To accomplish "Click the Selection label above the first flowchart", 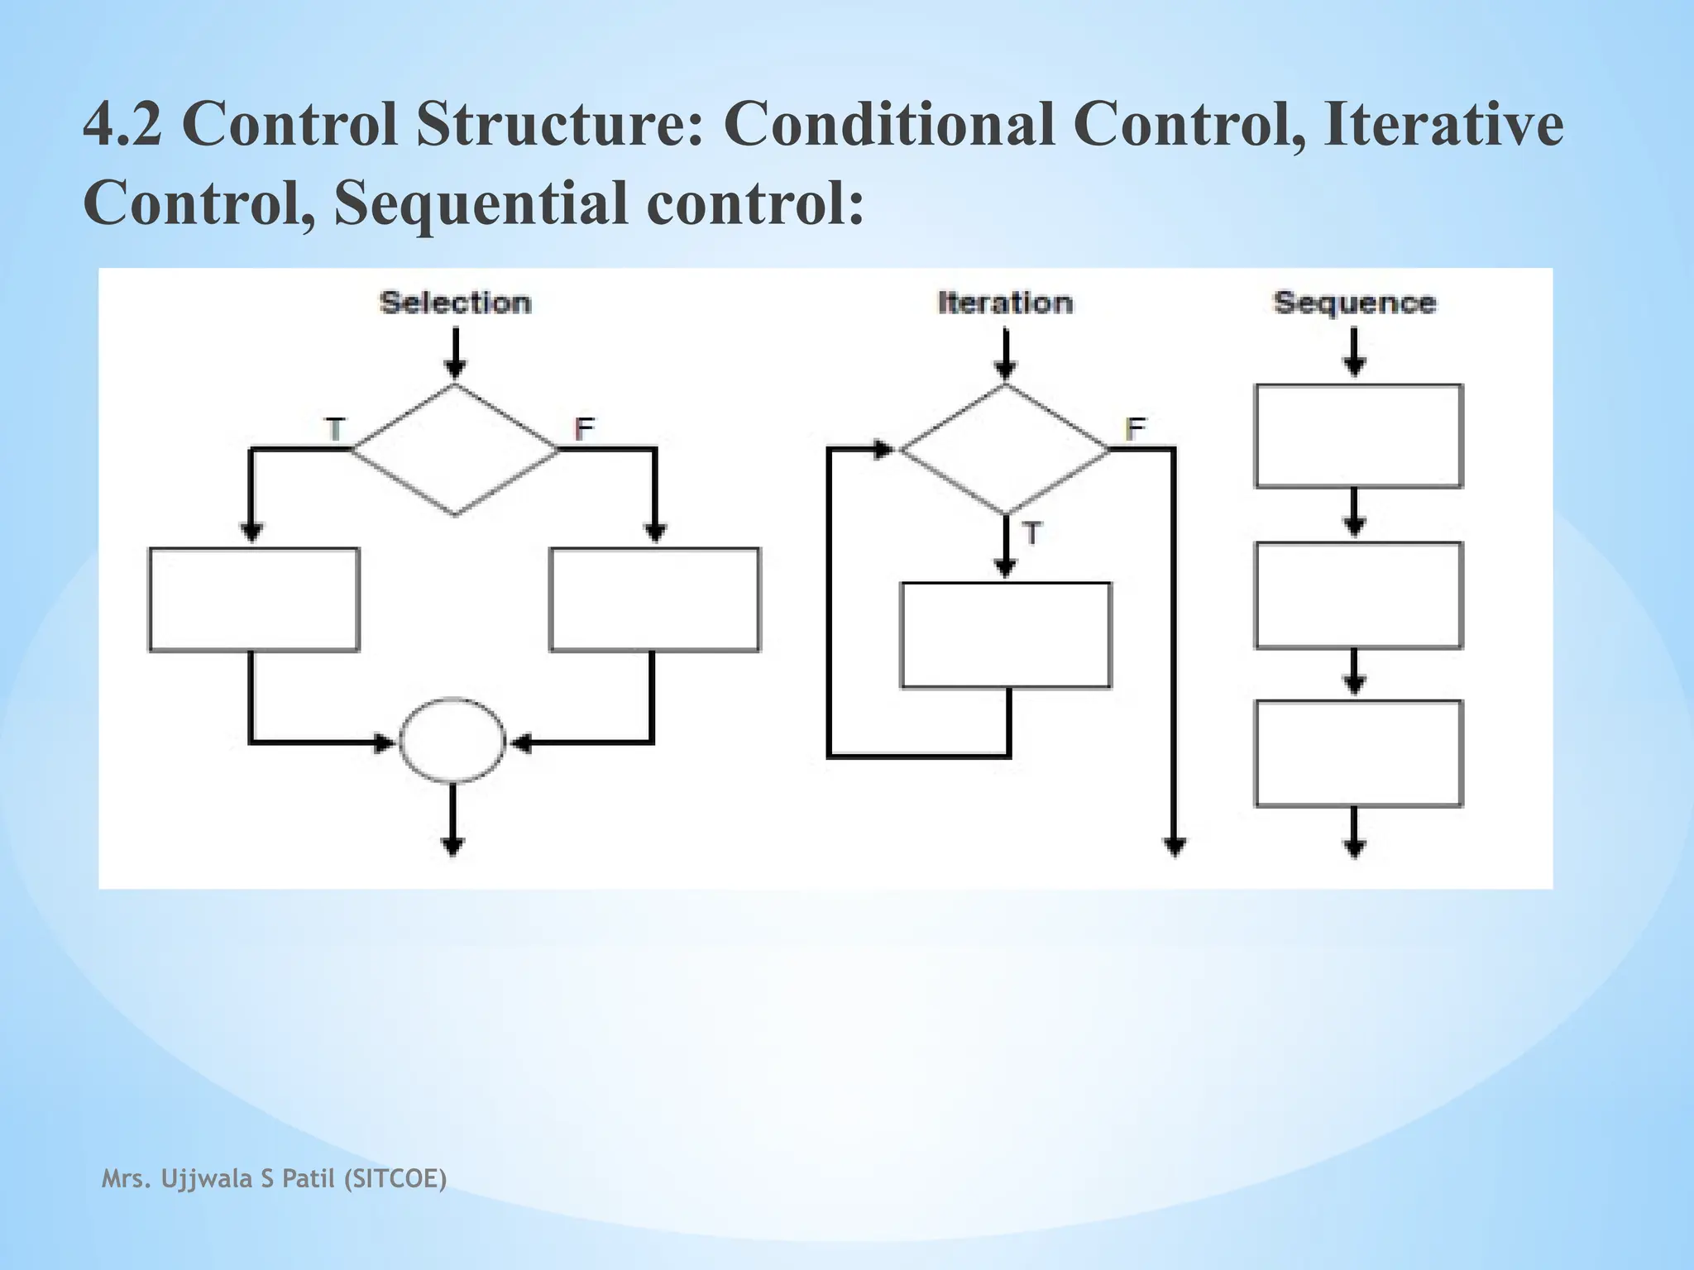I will coord(455,303).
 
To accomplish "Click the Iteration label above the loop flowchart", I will coord(1005,303).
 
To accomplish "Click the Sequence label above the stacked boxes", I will coord(1354,303).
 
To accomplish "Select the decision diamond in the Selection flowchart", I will coord(455,450).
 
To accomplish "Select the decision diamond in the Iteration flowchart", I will coord(1004,450).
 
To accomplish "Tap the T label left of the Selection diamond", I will coord(335,430).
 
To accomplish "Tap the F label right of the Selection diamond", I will coord(584,429).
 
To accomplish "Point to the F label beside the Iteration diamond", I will coord(1135,429).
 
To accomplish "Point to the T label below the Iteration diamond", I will coord(1031,534).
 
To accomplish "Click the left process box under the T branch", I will coord(254,599).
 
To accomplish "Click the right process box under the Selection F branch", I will coord(654,599).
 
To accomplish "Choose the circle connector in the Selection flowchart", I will coord(452,741).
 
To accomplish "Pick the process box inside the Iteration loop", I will coord(1005,635).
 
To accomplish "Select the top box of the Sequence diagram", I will coord(1358,436).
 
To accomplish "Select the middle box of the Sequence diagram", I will coord(1358,594).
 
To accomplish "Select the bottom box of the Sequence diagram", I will coord(1358,753).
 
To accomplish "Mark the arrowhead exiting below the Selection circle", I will coord(452,847).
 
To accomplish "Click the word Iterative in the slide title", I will coord(1443,124).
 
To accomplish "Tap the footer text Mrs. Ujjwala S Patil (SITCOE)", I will coord(274,1178).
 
